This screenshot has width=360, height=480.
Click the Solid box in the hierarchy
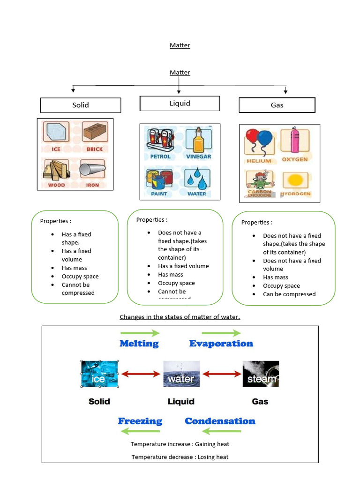click(x=81, y=105)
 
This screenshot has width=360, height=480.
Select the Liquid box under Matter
click(x=180, y=103)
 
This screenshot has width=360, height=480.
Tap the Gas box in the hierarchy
click(x=277, y=105)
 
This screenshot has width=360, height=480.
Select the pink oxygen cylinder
click(x=295, y=140)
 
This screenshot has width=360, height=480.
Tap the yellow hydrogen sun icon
click(x=295, y=180)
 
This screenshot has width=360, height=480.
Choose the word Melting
click(x=139, y=344)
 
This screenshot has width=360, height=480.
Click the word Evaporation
click(x=221, y=344)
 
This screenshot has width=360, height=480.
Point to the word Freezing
click(x=140, y=421)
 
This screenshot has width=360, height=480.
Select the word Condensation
click(x=220, y=421)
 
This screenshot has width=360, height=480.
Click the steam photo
click(x=261, y=374)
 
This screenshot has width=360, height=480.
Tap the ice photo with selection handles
click(x=99, y=374)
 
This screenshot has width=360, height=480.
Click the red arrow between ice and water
click(x=141, y=374)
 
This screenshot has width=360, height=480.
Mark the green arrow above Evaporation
click(x=207, y=332)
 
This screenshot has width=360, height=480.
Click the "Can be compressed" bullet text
click(x=289, y=294)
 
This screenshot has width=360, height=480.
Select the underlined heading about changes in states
click(x=180, y=317)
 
